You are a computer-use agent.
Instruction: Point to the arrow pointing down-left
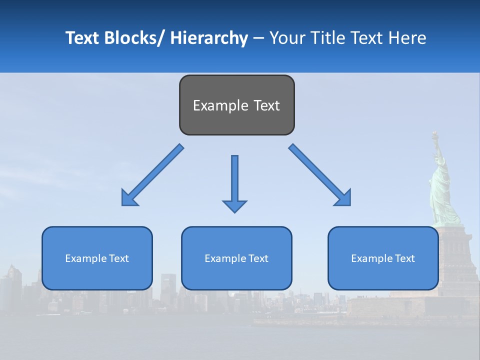152,175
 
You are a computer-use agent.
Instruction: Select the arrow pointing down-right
320,175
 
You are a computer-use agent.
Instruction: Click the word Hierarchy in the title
209,38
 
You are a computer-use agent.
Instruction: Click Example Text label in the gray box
236,105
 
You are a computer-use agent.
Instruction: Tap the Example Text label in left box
97,258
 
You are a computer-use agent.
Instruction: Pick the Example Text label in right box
383,258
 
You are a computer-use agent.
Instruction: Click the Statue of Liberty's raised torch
435,135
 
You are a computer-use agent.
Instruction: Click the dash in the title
258,38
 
